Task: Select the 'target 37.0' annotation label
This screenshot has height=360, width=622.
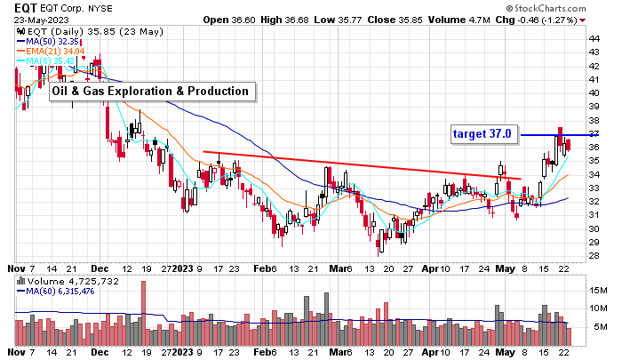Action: coord(482,134)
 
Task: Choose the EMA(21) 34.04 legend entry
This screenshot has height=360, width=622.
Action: coord(54,51)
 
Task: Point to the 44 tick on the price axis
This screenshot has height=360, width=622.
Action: coord(593,38)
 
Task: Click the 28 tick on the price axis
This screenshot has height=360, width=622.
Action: coord(593,256)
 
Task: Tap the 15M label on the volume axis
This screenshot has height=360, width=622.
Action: coord(597,291)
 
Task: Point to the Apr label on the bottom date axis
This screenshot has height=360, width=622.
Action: coord(430,266)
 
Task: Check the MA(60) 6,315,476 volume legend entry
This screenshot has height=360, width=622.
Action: coord(59,292)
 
